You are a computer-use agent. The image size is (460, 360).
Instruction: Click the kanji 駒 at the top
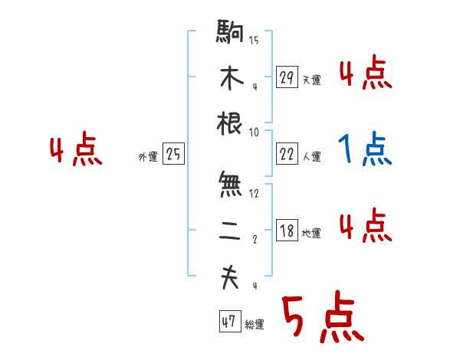pos(230,34)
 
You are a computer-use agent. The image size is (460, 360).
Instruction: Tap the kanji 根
pos(230,123)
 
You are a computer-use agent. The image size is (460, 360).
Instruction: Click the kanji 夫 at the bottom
pos(230,278)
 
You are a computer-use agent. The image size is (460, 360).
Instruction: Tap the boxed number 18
pos(287,231)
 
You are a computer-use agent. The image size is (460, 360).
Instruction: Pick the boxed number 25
pos(173,155)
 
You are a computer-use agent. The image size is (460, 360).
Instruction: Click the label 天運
pos(311,80)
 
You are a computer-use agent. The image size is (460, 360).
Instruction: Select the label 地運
pos(311,234)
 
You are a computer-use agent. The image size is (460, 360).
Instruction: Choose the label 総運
pos(255,325)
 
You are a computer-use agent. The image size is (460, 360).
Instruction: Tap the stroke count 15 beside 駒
pos(254,41)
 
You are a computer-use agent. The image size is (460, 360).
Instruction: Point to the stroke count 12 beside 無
pos(254,192)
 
